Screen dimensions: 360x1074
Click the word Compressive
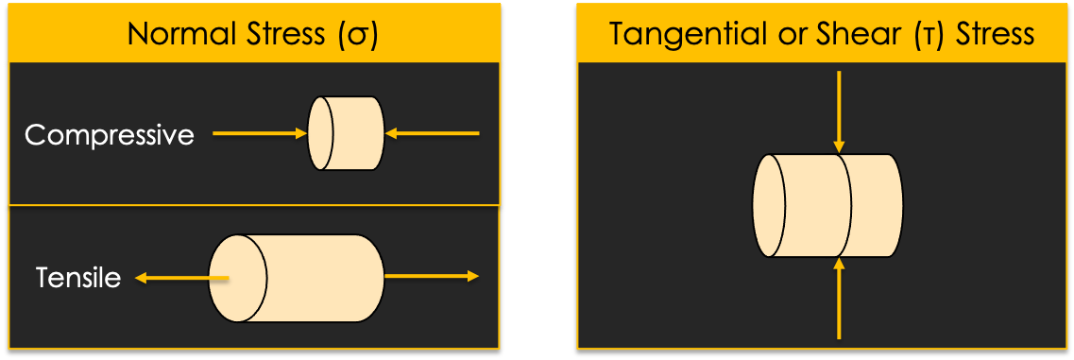(110, 135)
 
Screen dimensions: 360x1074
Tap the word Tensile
(78, 278)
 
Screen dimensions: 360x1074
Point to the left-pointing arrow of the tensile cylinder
(179, 278)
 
